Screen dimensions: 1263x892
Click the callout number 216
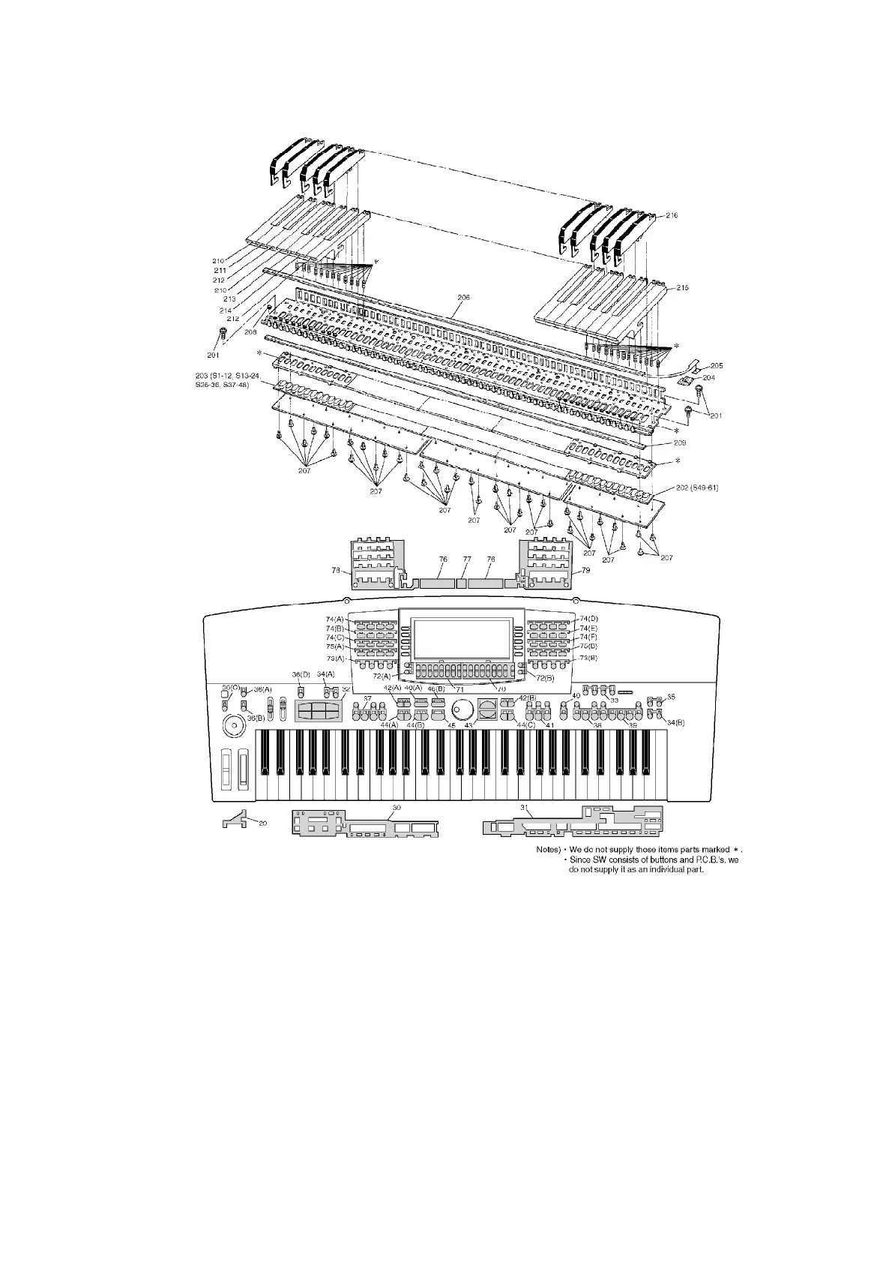pyautogui.click(x=671, y=215)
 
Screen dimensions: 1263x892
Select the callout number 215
pyautogui.click(x=682, y=288)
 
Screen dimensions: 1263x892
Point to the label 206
pyautogui.click(x=463, y=298)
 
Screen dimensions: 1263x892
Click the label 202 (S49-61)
pyautogui.click(x=697, y=488)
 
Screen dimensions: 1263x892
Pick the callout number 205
pyautogui.click(x=716, y=365)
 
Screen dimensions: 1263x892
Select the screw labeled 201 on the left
pyautogui.click(x=223, y=332)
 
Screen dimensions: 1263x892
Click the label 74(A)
pyautogui.click(x=334, y=619)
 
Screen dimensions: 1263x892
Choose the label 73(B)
pyautogui.click(x=588, y=658)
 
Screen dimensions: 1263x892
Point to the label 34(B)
pyautogui.click(x=675, y=722)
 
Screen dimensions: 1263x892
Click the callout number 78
pyautogui.click(x=336, y=571)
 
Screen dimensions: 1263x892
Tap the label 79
pyautogui.click(x=585, y=571)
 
